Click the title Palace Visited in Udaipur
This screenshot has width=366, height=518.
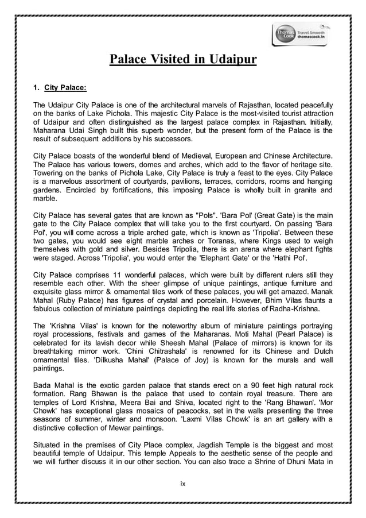183,60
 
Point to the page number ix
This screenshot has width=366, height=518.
183,484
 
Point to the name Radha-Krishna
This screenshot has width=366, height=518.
306,316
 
